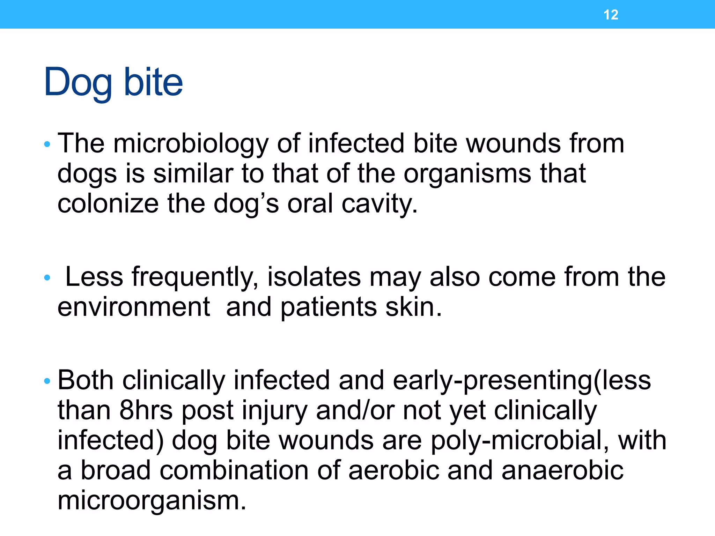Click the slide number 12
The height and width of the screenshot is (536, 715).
611,15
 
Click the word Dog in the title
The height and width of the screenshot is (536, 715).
78,82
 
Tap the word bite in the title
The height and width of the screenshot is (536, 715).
153,82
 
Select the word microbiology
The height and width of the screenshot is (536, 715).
191,144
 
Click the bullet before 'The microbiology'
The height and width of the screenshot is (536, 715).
47,144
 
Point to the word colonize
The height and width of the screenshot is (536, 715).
108,204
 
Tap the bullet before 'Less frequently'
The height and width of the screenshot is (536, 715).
47,278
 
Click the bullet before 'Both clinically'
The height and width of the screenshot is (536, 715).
47,381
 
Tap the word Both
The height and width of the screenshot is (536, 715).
85,380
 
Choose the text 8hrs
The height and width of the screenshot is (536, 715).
146,410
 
